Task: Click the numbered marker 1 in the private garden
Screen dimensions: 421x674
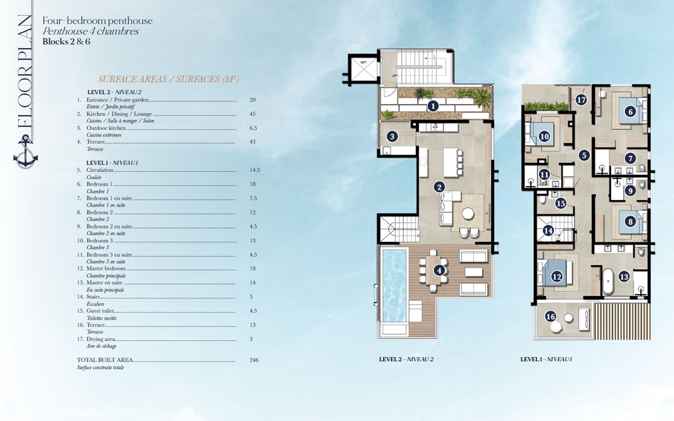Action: (x=433, y=106)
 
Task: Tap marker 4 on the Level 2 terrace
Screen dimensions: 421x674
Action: (x=439, y=270)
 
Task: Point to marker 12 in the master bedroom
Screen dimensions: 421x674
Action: (x=557, y=276)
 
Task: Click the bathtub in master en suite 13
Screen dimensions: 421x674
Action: (x=607, y=281)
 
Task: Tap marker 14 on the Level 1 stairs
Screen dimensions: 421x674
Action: (x=548, y=231)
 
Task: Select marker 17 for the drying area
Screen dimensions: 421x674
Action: (x=581, y=100)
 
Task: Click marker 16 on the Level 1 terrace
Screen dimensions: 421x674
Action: (x=551, y=316)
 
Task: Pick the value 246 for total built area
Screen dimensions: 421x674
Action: (x=254, y=360)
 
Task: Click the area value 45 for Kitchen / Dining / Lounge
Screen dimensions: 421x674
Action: (x=252, y=114)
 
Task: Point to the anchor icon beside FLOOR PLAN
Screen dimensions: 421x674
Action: (x=26, y=154)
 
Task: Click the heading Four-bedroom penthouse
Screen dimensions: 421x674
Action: (x=97, y=21)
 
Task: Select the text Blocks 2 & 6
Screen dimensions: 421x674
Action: (x=66, y=41)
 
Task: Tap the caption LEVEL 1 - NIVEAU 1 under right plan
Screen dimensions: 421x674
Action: (x=546, y=359)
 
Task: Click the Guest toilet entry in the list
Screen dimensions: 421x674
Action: (x=100, y=311)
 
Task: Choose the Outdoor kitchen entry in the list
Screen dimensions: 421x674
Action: (x=106, y=128)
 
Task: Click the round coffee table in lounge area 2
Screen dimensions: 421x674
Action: (x=468, y=214)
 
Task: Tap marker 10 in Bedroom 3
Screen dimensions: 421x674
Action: (x=544, y=137)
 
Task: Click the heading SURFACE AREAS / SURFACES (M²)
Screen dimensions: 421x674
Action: (x=168, y=79)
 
